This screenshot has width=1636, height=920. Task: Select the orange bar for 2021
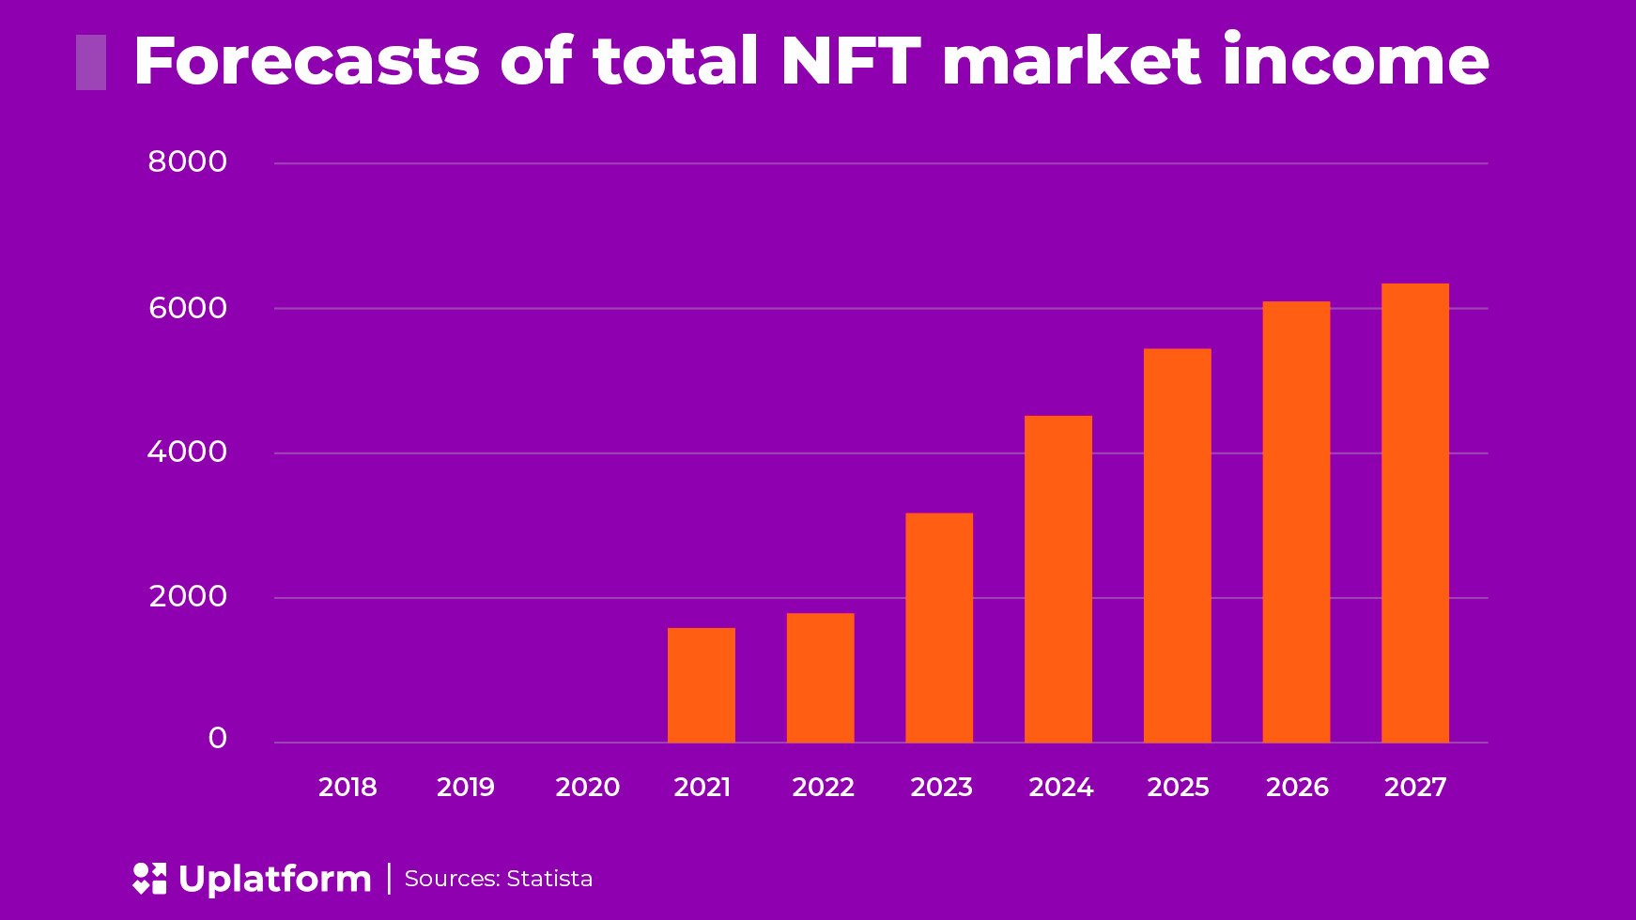point(702,685)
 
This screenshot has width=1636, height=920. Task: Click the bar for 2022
point(820,678)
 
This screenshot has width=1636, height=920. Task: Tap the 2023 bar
point(939,627)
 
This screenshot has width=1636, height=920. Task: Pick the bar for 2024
point(1058,578)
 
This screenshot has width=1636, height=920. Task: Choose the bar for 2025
point(1177,545)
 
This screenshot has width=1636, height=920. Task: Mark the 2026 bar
point(1296,522)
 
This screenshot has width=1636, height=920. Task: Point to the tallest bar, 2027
point(1414,513)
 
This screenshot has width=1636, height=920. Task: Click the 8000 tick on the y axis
point(188,161)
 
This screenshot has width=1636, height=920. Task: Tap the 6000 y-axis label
point(188,308)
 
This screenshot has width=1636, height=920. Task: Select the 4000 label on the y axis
point(188,452)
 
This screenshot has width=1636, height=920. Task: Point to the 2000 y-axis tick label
point(188,596)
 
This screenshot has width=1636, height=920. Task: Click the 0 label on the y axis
point(218,739)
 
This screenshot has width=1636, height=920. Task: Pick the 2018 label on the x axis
point(347,787)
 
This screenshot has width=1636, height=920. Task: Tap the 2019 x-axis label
point(466,787)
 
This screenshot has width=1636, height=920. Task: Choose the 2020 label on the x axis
point(587,787)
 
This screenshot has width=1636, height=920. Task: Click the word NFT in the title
point(850,61)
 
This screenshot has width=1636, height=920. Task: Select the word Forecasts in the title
point(307,61)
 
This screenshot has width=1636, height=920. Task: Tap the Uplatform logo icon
point(149,879)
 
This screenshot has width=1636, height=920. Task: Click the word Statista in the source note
point(549,879)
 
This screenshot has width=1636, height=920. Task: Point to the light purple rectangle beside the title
point(91,62)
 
